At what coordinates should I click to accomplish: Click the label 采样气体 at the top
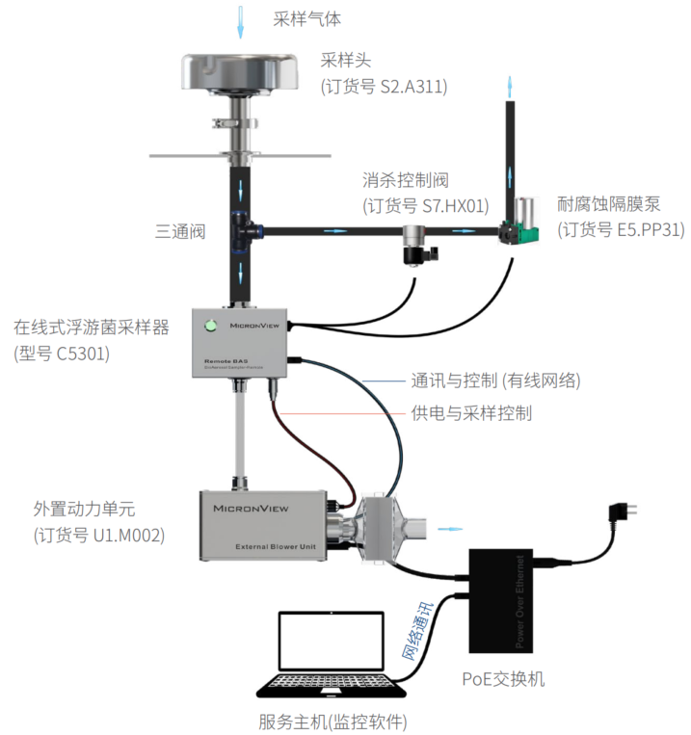coord(307,17)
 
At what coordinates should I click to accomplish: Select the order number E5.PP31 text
coord(621,229)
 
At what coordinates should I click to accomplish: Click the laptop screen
coord(331,643)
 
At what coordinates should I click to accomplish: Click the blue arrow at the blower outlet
coord(449,529)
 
